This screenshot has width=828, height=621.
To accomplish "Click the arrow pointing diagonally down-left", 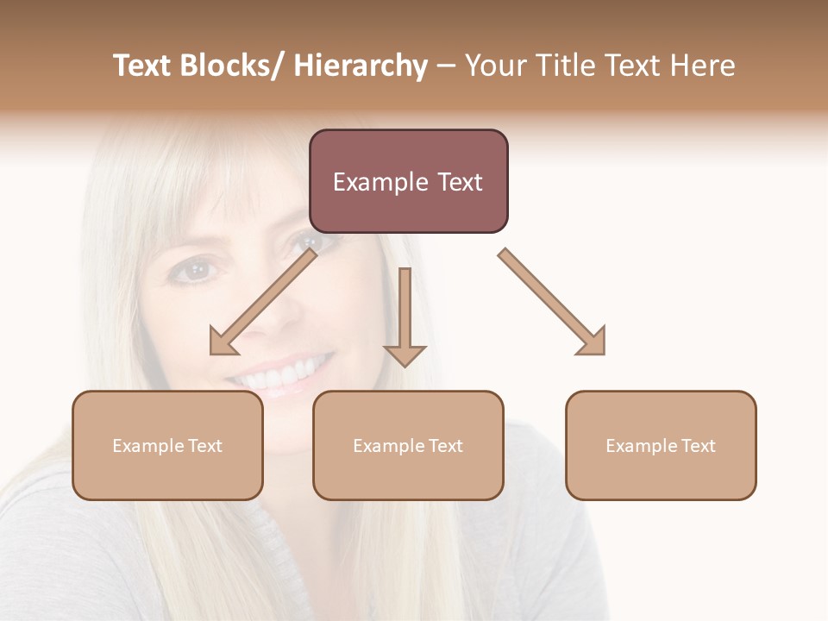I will (263, 302).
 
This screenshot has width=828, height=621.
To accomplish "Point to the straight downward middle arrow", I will (405, 315).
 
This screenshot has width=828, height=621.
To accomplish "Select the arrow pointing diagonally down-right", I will (552, 302).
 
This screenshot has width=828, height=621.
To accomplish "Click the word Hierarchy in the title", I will (361, 66).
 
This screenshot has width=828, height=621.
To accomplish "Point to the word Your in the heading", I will (495, 66).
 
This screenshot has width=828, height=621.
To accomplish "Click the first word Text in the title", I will (141, 66).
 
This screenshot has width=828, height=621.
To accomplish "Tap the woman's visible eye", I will (196, 271).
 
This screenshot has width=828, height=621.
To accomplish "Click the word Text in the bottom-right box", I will (698, 446).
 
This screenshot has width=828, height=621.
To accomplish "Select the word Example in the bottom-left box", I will (147, 446).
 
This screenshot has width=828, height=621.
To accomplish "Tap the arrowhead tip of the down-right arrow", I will (603, 353).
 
